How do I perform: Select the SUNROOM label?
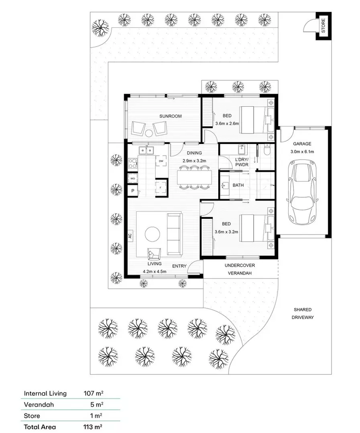[x=170, y=116]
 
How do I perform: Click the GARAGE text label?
[x=303, y=144]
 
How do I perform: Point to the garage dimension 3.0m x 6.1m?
[x=303, y=152]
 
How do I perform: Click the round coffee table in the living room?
[x=153, y=234]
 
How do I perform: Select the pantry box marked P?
[x=132, y=191]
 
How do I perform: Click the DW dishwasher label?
[x=161, y=161]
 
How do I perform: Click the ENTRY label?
[x=179, y=266]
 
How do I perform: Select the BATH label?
[x=238, y=186]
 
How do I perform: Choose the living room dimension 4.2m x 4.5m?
[x=155, y=271]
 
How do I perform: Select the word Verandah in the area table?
[x=39, y=405]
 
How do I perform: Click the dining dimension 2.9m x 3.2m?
[x=194, y=160]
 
